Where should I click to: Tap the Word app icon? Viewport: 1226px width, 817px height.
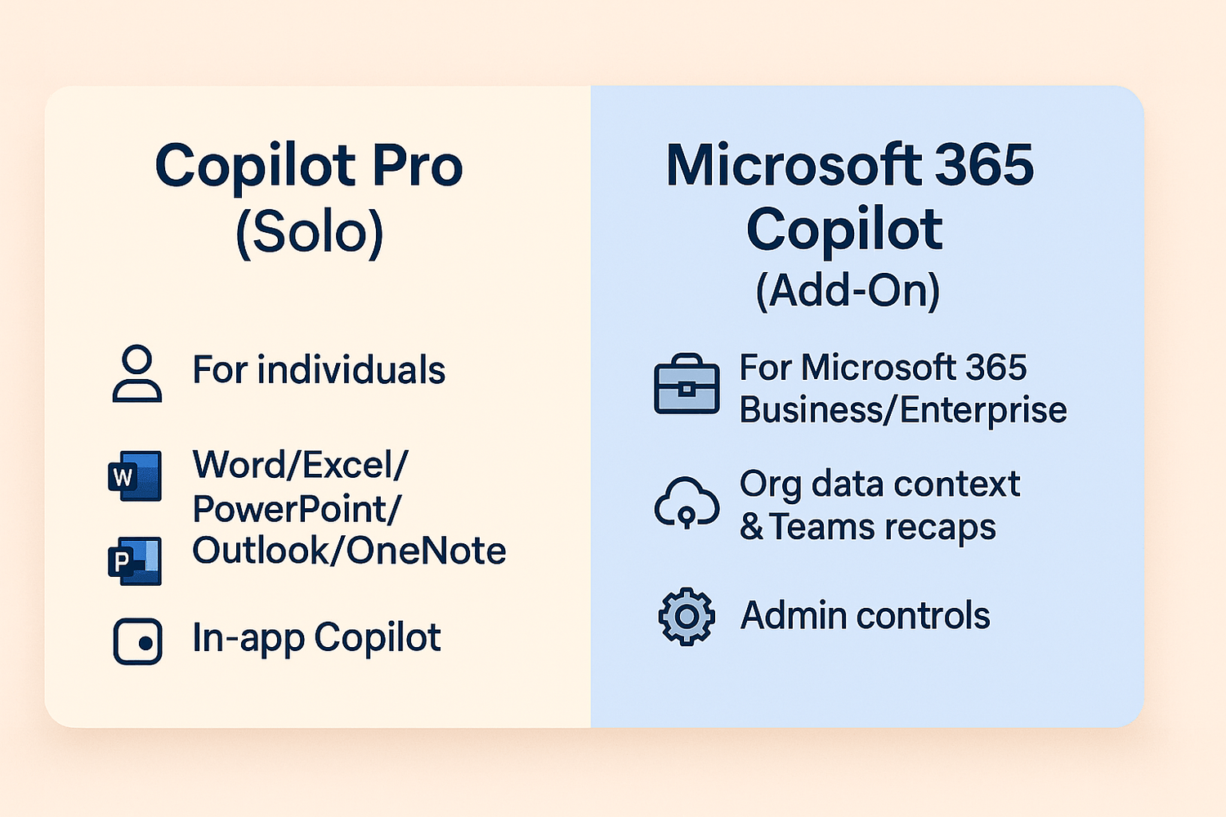coord(135,475)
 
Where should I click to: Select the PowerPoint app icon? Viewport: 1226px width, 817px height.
coord(135,561)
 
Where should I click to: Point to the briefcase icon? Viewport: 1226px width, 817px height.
coord(687,384)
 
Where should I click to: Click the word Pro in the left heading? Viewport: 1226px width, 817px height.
coord(417,165)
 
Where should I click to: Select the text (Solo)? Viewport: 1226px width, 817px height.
coord(309,233)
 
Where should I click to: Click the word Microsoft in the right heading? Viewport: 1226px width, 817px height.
coord(794,165)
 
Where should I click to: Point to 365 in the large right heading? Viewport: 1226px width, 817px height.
coord(985,165)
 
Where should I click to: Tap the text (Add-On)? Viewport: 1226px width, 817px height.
coord(848,291)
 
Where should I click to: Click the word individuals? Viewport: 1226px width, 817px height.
coord(351,369)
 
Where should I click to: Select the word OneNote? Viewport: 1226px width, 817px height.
coord(426,551)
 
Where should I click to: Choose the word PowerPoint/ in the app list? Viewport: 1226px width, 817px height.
coord(298,509)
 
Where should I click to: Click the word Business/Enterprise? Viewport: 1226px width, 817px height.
coord(903,410)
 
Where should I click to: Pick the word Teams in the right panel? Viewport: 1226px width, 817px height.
coord(821,527)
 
